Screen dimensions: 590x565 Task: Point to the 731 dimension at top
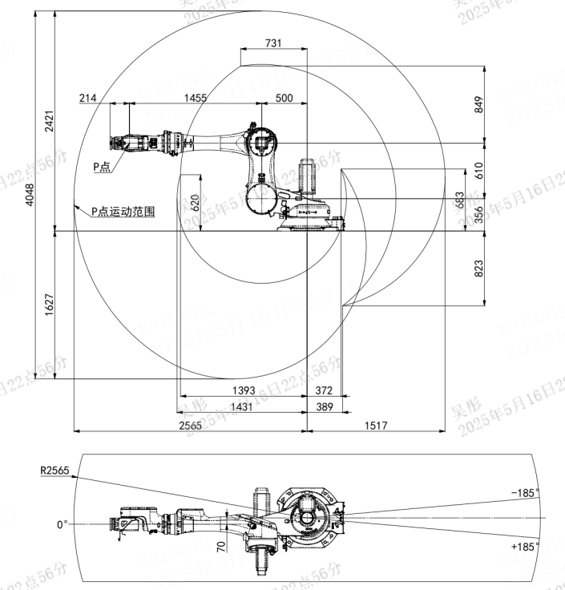[x=272, y=44]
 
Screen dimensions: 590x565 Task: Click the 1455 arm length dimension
[x=195, y=98]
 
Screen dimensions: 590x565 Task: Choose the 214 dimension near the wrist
[x=88, y=98]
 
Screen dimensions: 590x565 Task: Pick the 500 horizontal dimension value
[x=284, y=98]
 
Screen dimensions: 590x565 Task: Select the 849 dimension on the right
[x=480, y=103]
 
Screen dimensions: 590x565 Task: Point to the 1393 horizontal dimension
[x=244, y=390]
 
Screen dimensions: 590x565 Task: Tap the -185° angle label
[x=526, y=493]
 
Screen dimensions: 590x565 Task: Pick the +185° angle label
[x=526, y=546]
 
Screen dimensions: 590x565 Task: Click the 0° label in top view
[x=63, y=525]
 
